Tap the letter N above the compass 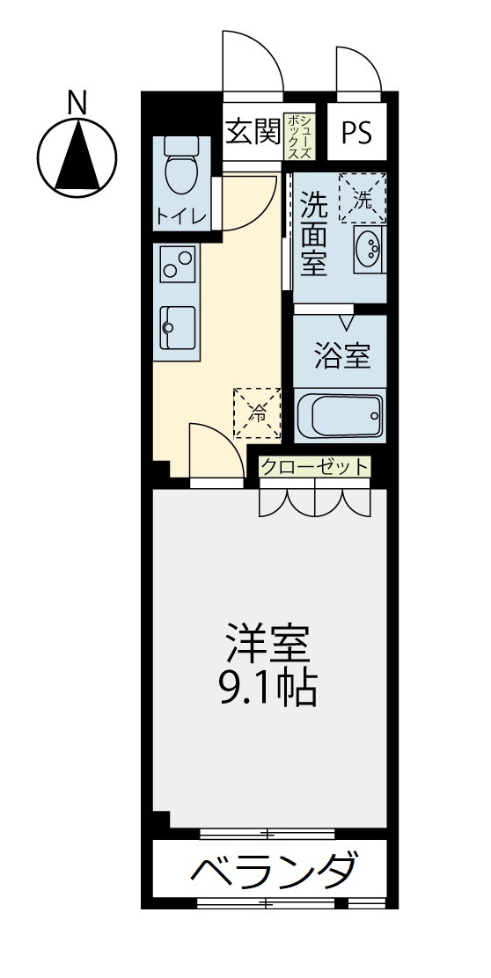pyautogui.click(x=77, y=103)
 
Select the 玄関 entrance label pyautogui.click(x=253, y=132)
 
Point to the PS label pyautogui.click(x=356, y=132)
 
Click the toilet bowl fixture pyautogui.click(x=181, y=163)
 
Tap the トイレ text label pyautogui.click(x=181, y=216)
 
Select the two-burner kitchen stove pyautogui.click(x=178, y=263)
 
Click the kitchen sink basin pyautogui.click(x=178, y=327)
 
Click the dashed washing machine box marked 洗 pyautogui.click(x=362, y=198)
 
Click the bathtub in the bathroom pyautogui.click(x=340, y=416)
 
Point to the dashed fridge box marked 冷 pyautogui.click(x=257, y=412)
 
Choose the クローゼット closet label pyautogui.click(x=315, y=467)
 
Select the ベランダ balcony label pyautogui.click(x=275, y=869)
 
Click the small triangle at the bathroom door pyautogui.click(x=348, y=322)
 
